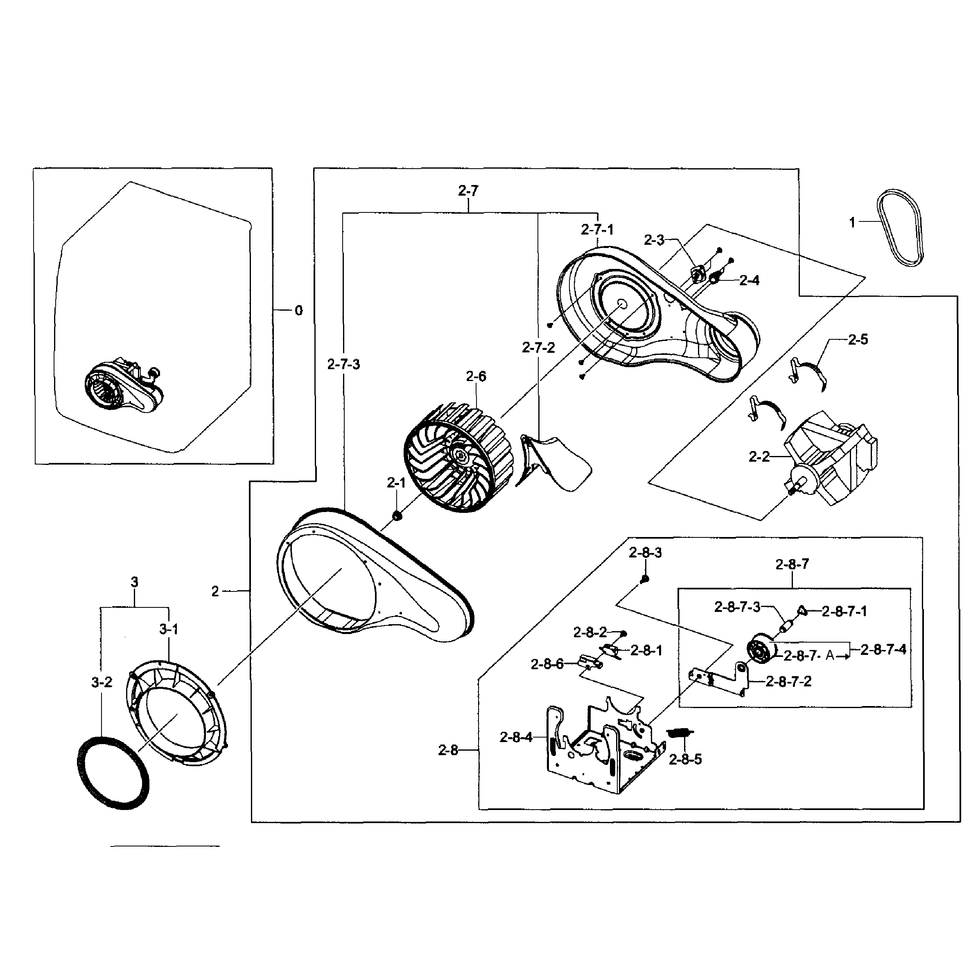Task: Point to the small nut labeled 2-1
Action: (397, 516)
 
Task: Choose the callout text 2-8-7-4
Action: (883, 650)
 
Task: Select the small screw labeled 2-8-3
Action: (645, 579)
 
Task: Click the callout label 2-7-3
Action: (343, 364)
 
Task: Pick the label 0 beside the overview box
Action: (298, 310)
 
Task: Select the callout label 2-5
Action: (858, 339)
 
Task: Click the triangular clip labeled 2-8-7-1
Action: (802, 610)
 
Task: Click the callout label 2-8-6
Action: (547, 664)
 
